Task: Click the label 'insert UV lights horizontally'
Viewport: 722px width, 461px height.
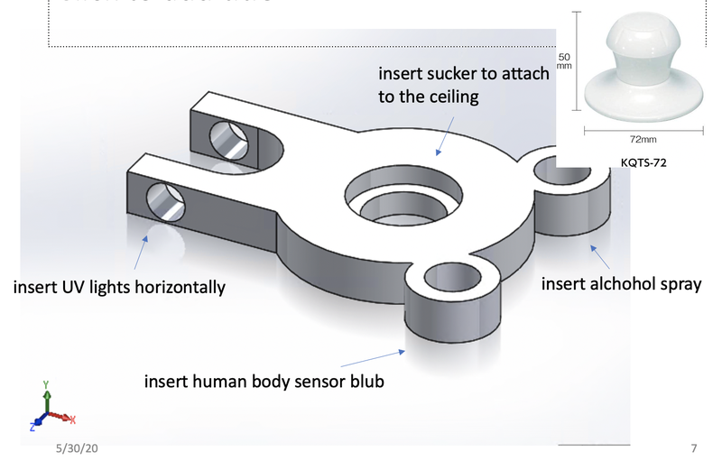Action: click(118, 288)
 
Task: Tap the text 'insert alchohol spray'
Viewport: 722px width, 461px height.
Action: click(621, 284)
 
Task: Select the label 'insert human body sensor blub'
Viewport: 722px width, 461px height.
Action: click(264, 381)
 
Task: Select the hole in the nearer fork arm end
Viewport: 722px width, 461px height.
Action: click(163, 202)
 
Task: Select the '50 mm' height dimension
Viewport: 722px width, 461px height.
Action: click(565, 60)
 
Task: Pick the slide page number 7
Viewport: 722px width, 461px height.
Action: click(693, 447)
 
